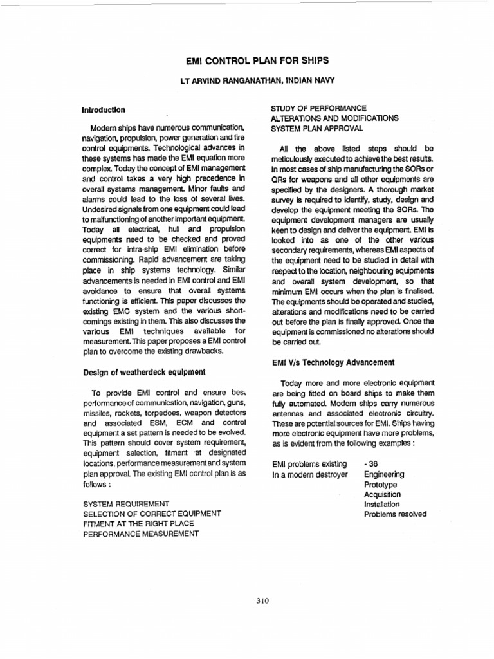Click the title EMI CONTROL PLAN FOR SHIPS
coord(248,60)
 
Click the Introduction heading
coord(104,109)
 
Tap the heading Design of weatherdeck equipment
coord(144,371)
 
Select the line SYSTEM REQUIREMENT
coord(126,503)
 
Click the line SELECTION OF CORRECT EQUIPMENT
coord(152,513)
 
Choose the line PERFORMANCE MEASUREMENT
coord(141,534)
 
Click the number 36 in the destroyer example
coord(371,463)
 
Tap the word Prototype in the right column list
coord(381,484)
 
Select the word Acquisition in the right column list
coord(383,494)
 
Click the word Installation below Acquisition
coord(382,504)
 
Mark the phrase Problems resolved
coord(395,514)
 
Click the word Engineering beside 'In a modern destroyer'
coord(384,474)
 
